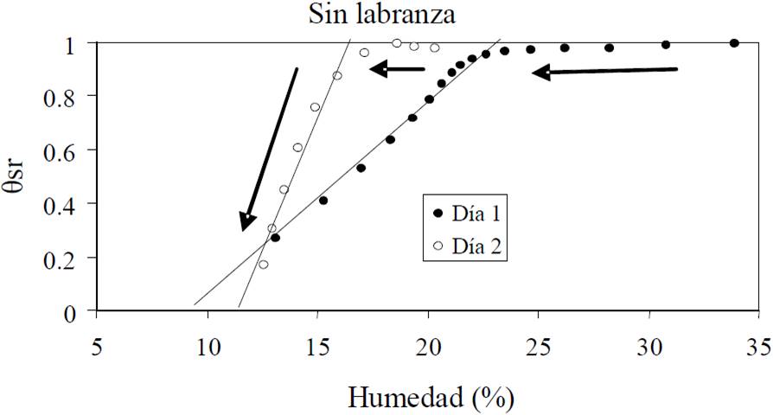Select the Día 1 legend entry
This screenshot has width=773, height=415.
point(466,213)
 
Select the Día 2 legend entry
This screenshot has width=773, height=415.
point(466,246)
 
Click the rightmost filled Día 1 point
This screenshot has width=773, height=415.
point(734,43)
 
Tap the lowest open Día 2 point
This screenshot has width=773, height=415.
point(264,265)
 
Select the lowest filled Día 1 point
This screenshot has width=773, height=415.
point(275,238)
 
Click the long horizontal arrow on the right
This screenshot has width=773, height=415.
point(605,72)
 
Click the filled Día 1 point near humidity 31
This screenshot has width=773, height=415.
point(666,45)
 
